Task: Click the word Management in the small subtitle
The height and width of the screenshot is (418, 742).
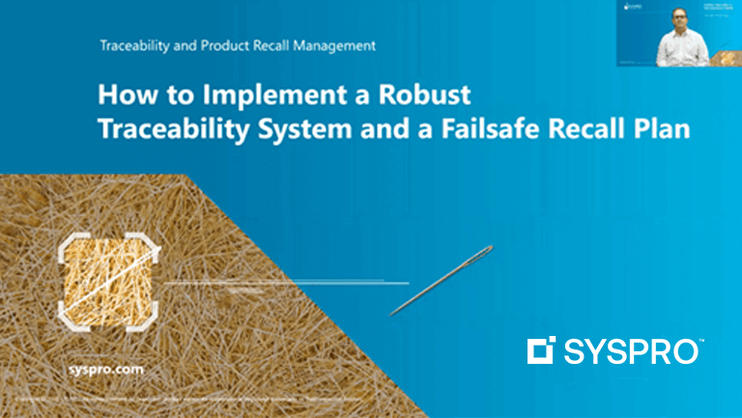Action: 331,45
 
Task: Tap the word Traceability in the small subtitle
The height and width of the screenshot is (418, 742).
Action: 132,45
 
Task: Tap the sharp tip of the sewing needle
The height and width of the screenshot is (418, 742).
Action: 391,314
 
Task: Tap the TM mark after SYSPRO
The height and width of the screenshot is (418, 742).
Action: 703,342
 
